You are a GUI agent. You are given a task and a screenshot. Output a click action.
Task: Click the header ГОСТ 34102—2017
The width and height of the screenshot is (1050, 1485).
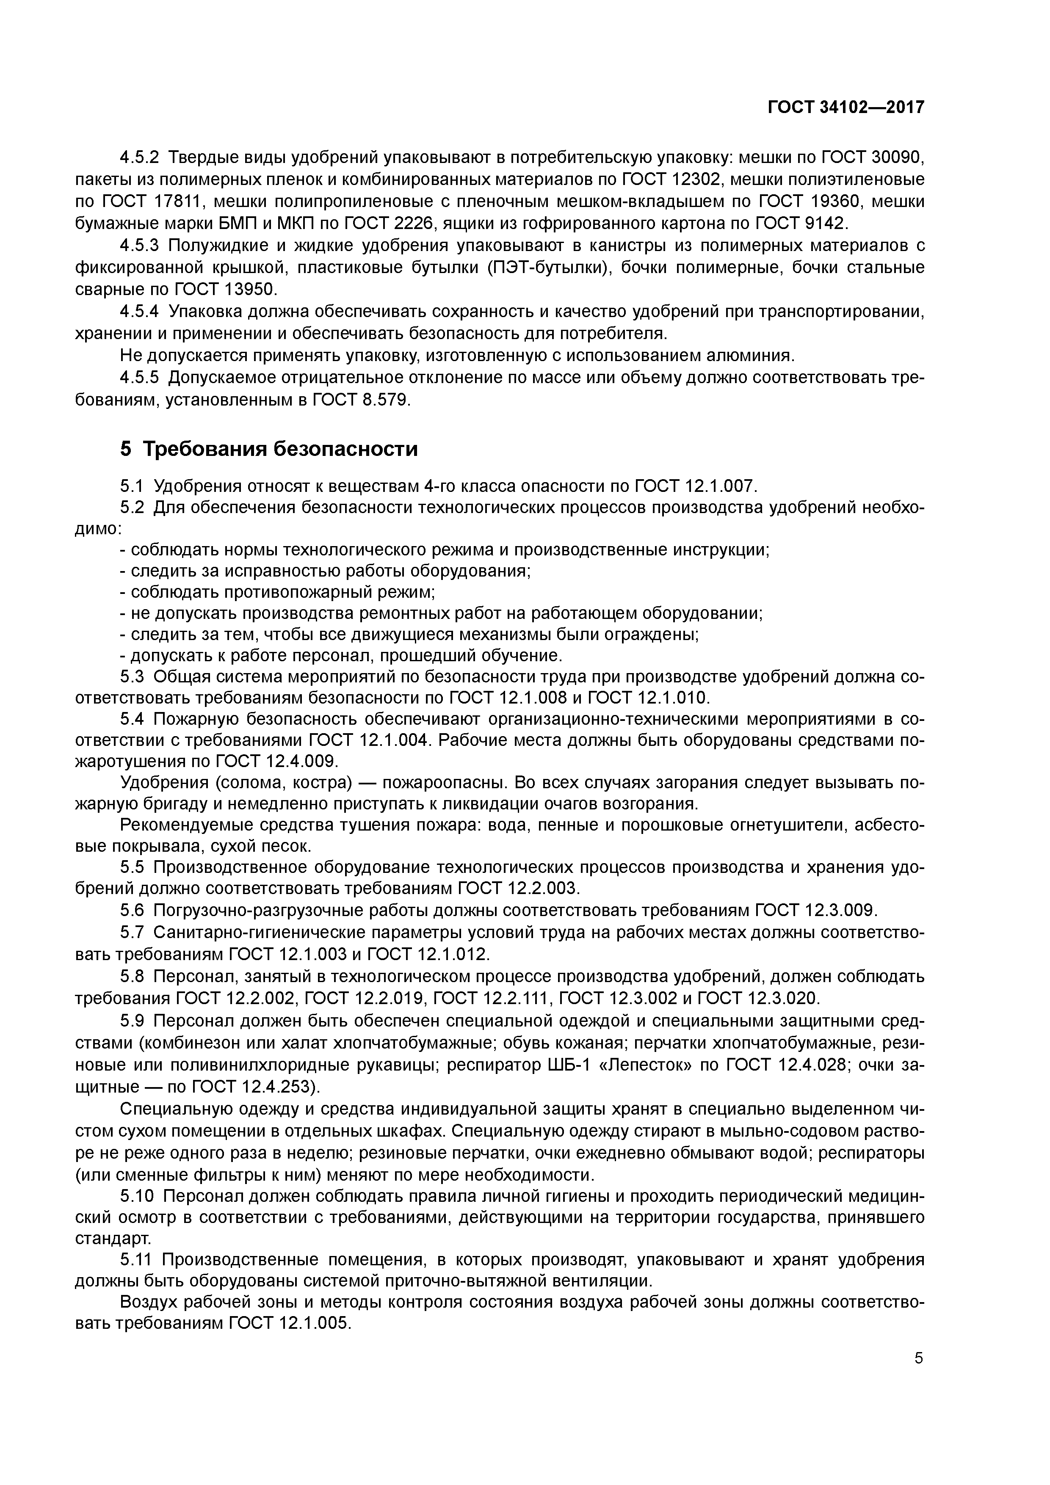click(846, 108)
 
